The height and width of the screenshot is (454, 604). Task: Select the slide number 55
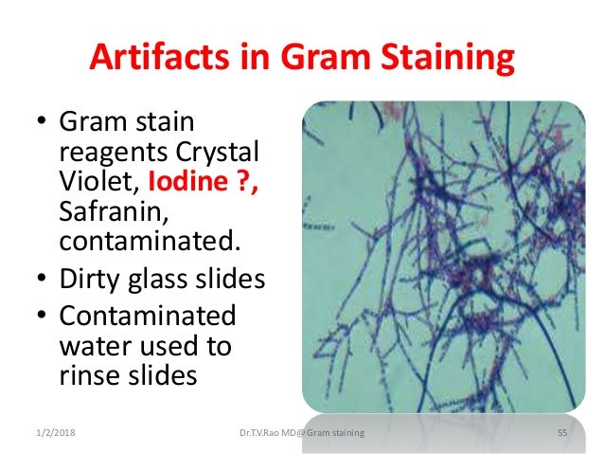coord(560,433)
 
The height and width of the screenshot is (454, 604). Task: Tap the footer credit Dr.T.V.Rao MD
coord(275,433)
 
